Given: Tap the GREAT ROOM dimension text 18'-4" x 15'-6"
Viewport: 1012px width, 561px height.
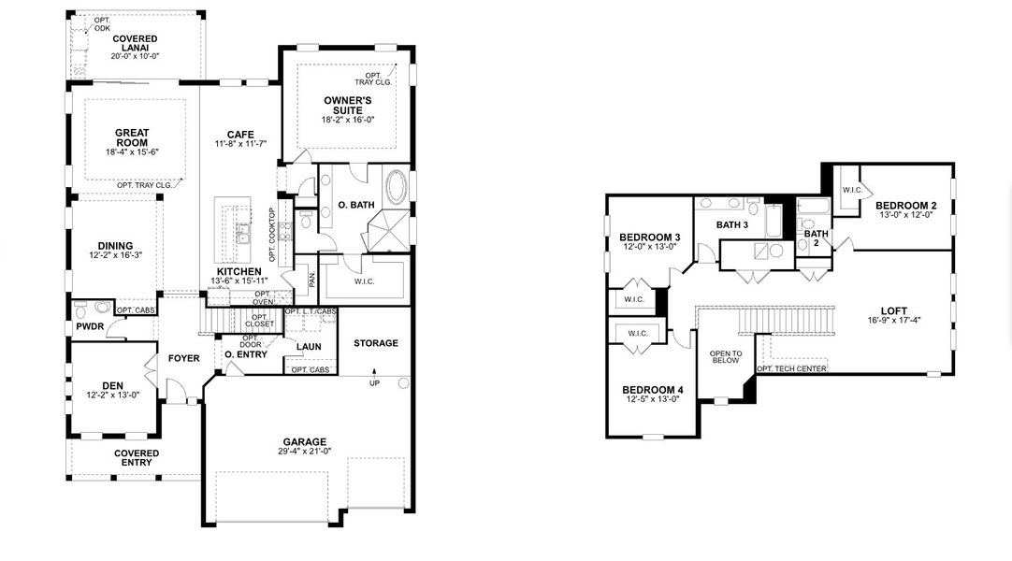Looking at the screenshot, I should tap(132, 151).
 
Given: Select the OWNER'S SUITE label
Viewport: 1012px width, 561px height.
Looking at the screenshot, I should tap(348, 105).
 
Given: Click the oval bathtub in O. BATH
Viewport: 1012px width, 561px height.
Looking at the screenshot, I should tap(397, 187).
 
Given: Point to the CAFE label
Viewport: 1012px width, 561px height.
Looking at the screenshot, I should tap(240, 133).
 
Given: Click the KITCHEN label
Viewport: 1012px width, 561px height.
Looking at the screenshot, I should tap(239, 270).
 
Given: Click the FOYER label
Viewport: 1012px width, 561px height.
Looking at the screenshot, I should tap(183, 358).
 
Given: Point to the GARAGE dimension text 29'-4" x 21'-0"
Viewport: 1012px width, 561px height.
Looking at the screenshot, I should tap(306, 453).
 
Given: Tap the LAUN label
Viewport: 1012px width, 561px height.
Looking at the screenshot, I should tap(309, 347).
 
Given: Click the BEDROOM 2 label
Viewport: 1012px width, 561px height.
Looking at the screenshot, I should tap(905, 205).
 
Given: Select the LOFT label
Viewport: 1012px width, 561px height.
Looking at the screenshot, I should tap(893, 311).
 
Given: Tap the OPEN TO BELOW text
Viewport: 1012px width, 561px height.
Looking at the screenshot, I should tap(726, 356).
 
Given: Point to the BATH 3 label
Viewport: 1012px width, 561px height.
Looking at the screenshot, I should tap(732, 224).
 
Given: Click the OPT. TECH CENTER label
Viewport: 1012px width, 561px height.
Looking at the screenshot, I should tap(790, 369).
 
